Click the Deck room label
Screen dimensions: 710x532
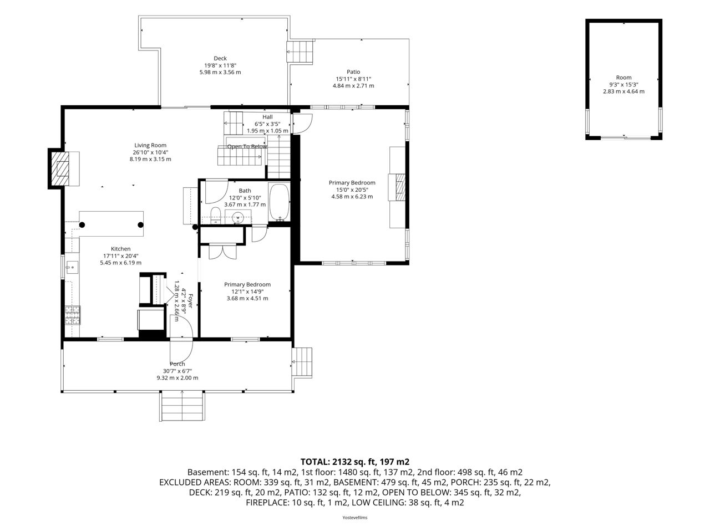click(220, 59)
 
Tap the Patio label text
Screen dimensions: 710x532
click(353, 72)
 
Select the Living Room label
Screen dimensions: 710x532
click(150, 145)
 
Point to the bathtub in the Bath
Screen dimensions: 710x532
click(280, 202)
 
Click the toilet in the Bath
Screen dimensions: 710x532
click(215, 216)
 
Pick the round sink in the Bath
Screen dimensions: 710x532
click(238, 217)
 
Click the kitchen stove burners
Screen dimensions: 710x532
click(73, 315)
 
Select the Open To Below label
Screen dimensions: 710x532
click(247, 147)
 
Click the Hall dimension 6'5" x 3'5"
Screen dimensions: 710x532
click(267, 124)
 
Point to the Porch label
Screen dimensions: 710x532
click(177, 364)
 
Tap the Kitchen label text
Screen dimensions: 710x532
click(121, 249)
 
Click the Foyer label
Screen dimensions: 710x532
click(190, 301)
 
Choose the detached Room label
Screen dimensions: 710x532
click(623, 78)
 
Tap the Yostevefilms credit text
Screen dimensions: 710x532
click(355, 518)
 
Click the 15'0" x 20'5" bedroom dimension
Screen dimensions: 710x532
click(352, 190)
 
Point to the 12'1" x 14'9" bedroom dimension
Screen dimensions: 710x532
click(247, 291)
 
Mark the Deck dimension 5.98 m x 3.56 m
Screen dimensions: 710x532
click(220, 72)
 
